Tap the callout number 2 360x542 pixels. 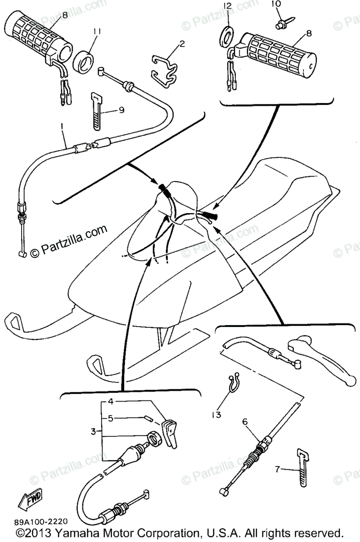[x=182, y=44]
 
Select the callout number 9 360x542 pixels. [x=121, y=109]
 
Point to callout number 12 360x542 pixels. [x=227, y=6]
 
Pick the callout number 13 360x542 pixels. [x=217, y=414]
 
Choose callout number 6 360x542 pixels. [x=245, y=422]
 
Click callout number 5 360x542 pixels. [x=110, y=418]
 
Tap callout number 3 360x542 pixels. [x=93, y=432]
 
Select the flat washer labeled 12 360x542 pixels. [x=227, y=36]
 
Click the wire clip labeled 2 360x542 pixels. [x=165, y=70]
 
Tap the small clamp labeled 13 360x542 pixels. [x=233, y=384]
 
